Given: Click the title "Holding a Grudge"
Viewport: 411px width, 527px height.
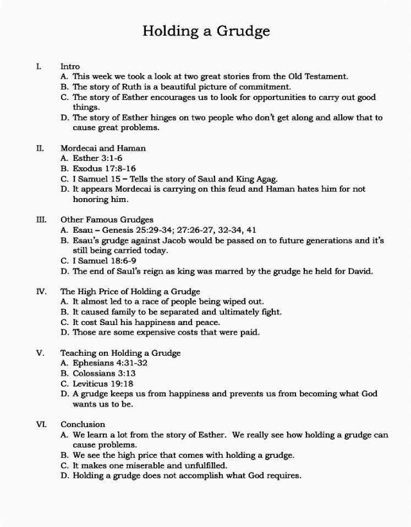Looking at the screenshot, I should point(205,31).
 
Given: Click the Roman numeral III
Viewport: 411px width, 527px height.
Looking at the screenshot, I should point(40,219).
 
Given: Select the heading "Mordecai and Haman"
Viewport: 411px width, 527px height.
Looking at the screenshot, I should point(103,148).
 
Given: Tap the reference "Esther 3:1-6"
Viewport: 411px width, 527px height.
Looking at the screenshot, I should point(96,158).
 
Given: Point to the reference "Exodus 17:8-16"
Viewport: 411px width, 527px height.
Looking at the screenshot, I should point(99,169).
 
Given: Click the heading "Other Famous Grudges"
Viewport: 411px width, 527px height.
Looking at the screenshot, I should point(107,219).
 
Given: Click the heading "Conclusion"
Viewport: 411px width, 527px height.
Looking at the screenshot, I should point(83,424).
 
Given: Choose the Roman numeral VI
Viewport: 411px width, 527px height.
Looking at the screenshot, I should point(40,424).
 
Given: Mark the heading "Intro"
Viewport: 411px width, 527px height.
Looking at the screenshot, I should point(70,66).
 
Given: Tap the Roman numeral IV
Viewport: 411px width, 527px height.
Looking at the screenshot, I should point(40,291).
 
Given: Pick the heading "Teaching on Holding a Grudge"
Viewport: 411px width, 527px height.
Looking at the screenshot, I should point(120,353).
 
